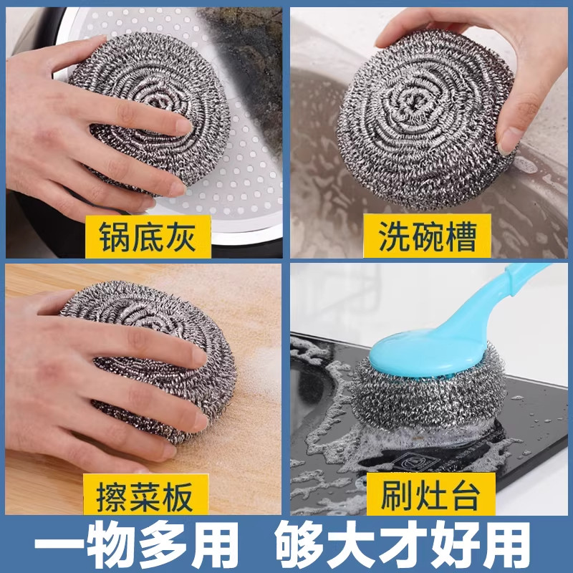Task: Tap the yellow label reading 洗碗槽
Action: pyautogui.click(x=429, y=236)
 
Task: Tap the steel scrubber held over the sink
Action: pyautogui.click(x=423, y=118)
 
